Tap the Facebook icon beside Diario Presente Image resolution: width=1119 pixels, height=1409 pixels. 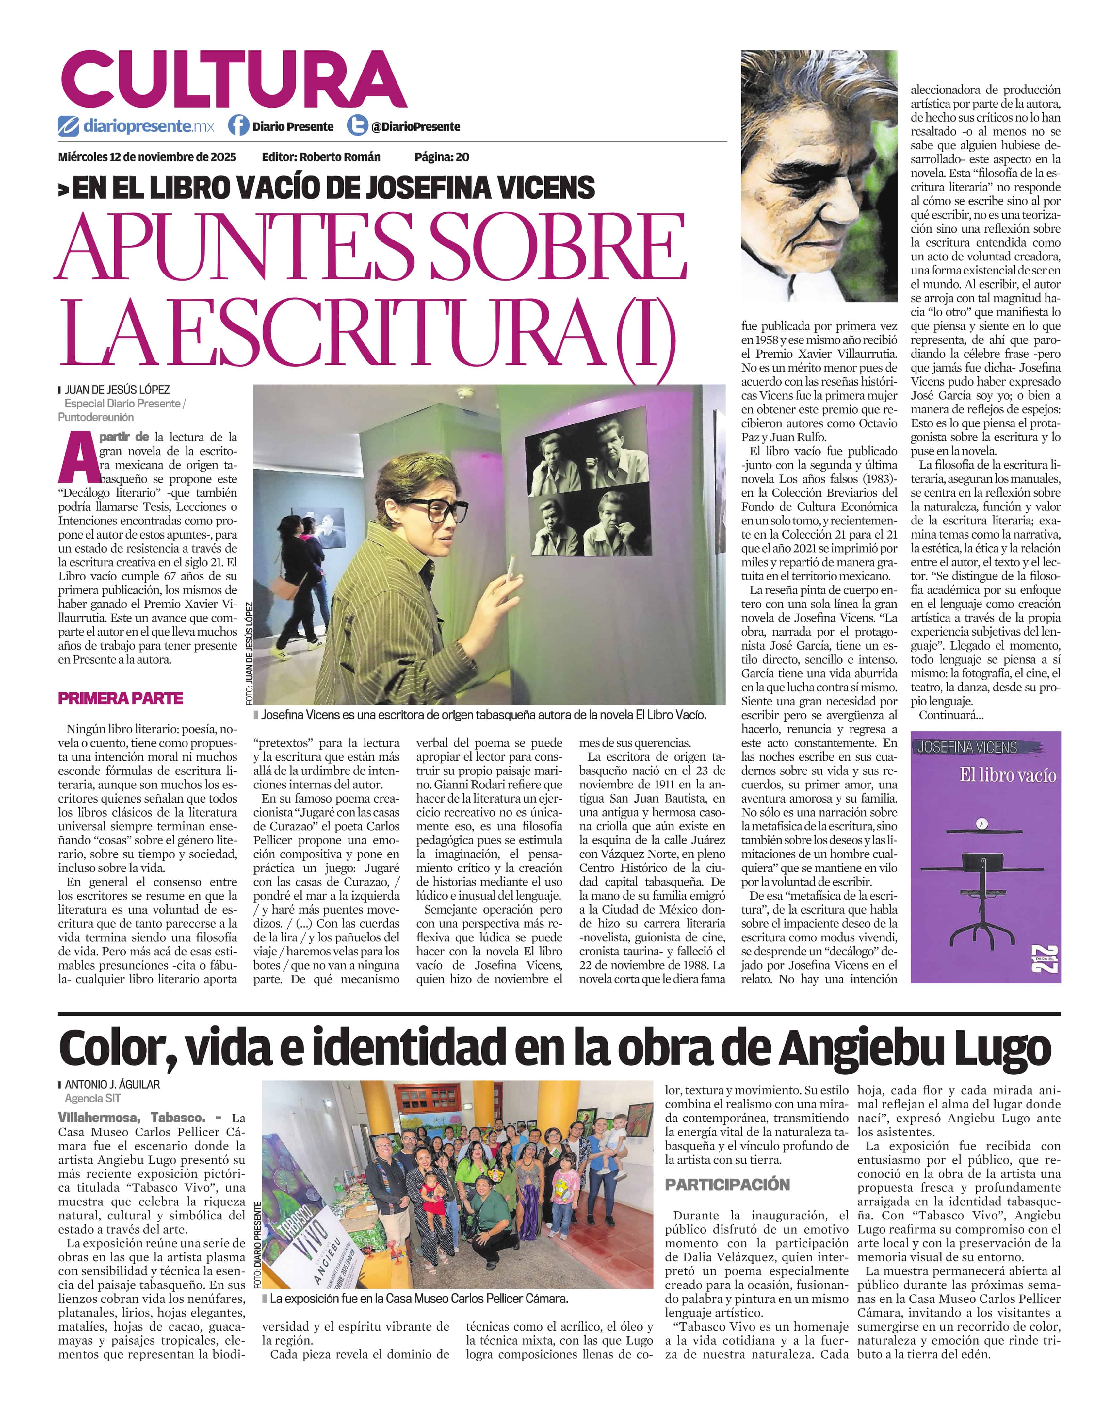point(238,125)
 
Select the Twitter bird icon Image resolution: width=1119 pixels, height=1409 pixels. point(357,125)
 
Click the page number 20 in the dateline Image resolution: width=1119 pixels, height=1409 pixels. point(462,157)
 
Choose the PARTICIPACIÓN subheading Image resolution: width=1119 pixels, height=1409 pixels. point(727,1184)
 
